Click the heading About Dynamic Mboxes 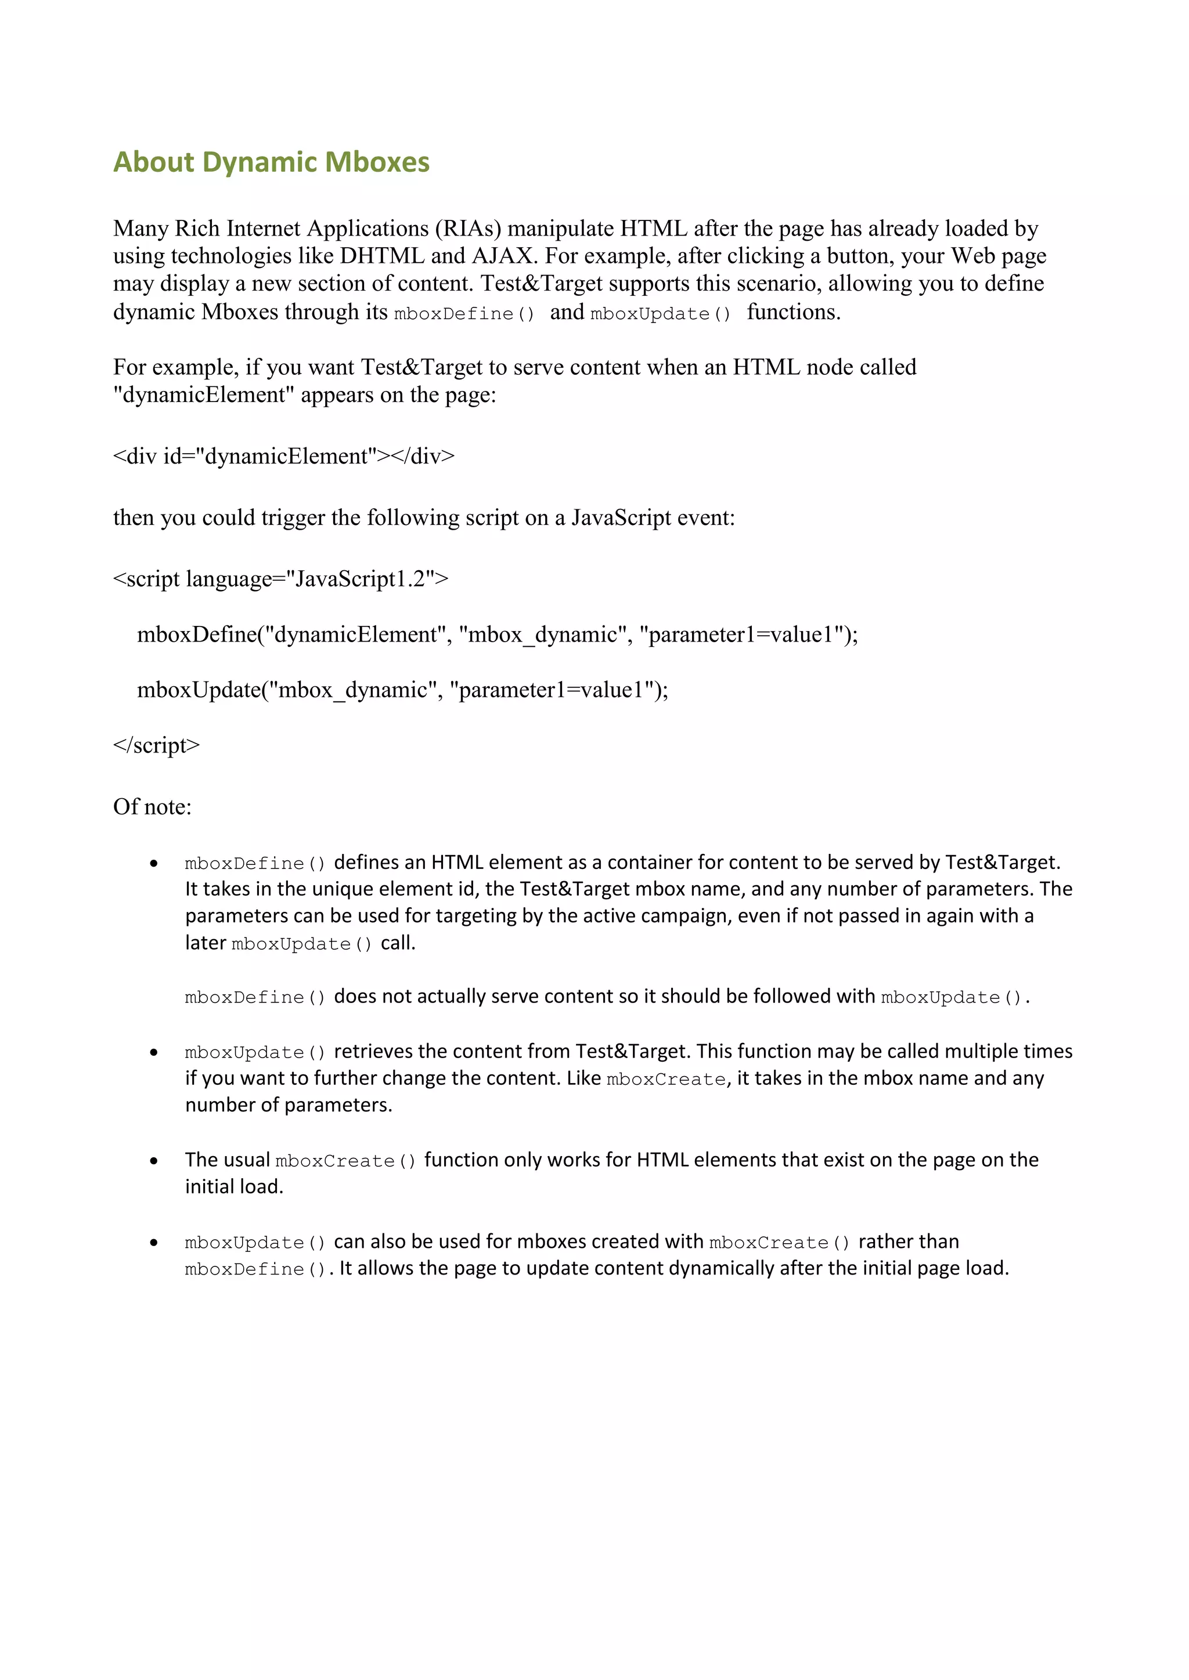pyautogui.click(x=271, y=162)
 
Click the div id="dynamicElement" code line pyautogui.click(x=283, y=456)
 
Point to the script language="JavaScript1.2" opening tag pyautogui.click(x=280, y=579)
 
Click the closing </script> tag pyautogui.click(x=156, y=745)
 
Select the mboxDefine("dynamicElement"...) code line pyautogui.click(x=497, y=635)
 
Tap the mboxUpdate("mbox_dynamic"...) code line pyautogui.click(x=402, y=689)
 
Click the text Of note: pyautogui.click(x=152, y=806)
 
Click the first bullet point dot pyautogui.click(x=154, y=863)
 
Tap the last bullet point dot pyautogui.click(x=154, y=1243)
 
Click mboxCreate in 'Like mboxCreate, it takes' pyautogui.click(x=665, y=1079)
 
